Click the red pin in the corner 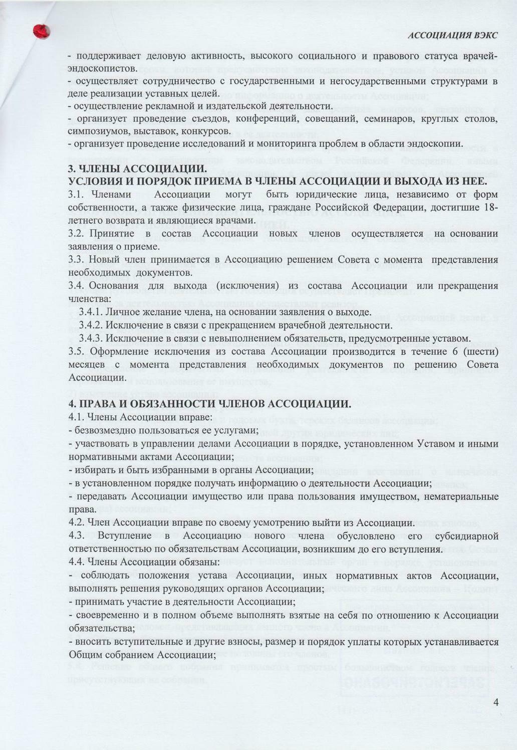41,31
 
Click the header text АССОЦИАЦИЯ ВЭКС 452,35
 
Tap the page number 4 495,702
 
